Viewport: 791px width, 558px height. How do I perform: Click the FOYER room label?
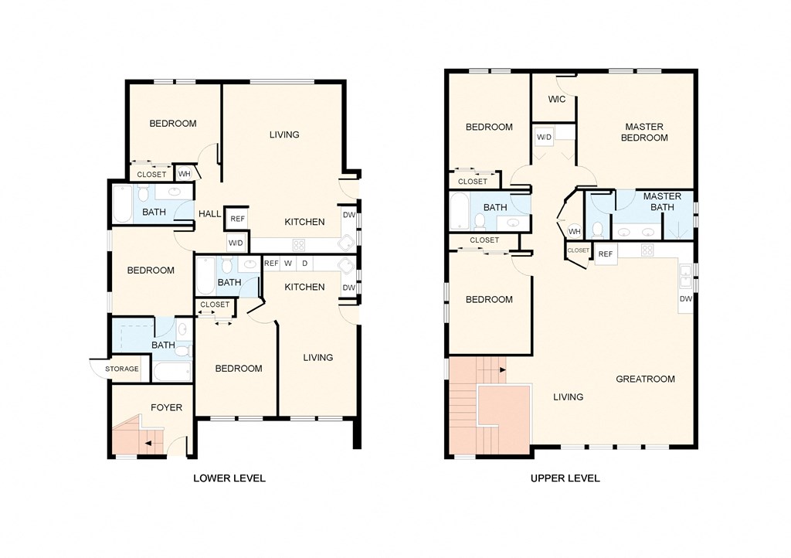(166, 407)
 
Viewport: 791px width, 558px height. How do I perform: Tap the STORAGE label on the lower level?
(122, 369)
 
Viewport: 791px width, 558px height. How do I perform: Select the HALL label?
(209, 214)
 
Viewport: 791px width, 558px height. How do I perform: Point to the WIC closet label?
(556, 100)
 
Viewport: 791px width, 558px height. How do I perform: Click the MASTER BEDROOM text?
(645, 132)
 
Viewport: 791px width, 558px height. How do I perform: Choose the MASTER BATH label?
(663, 202)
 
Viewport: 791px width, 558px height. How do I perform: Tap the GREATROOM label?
(645, 379)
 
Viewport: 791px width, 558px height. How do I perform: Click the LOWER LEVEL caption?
(229, 478)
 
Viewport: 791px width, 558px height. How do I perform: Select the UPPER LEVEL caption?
(565, 478)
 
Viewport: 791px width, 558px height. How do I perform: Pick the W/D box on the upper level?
(544, 138)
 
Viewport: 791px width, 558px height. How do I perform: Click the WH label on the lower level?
(184, 174)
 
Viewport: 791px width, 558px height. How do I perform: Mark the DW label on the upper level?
(685, 299)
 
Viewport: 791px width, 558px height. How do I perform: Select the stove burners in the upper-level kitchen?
(647, 250)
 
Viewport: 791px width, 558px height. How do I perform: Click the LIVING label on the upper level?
(568, 397)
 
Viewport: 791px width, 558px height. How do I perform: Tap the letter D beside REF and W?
(304, 264)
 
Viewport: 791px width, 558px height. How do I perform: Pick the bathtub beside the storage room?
(171, 372)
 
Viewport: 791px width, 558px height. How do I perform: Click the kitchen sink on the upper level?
(685, 271)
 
